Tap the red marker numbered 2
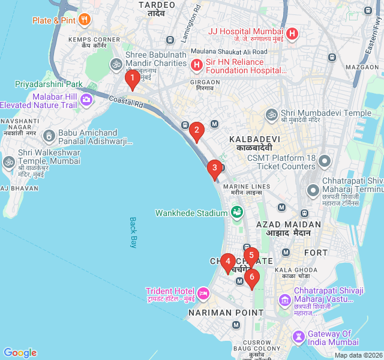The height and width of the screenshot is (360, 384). [x=196, y=130]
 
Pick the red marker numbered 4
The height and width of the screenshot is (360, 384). [x=227, y=262]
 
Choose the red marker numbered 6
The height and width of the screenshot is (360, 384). [x=251, y=278]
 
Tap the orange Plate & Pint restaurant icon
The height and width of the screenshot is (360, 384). [x=84, y=20]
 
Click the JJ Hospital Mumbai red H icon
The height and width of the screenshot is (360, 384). [x=292, y=34]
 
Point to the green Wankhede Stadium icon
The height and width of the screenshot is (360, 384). [x=237, y=212]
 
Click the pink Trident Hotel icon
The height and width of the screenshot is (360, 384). [x=203, y=293]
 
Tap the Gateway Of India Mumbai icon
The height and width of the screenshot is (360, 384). [x=298, y=338]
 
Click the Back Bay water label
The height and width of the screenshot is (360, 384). [x=133, y=232]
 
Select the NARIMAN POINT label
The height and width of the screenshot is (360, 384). [x=226, y=313]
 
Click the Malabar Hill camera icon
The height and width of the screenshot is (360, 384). [x=86, y=100]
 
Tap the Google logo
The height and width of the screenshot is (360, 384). [x=20, y=353]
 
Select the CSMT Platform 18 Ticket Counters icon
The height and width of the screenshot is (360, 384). [x=325, y=161]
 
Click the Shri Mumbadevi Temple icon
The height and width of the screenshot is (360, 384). [x=272, y=113]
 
